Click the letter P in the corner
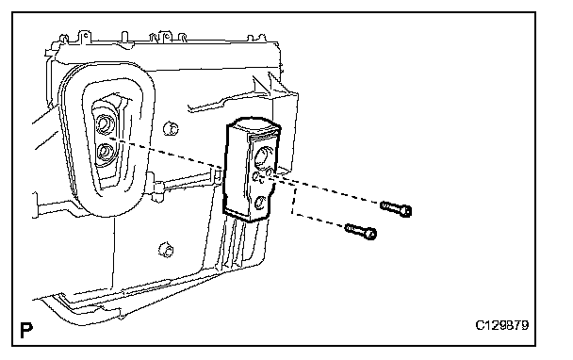click(x=26, y=330)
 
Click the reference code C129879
click(x=501, y=325)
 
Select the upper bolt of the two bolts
click(x=396, y=208)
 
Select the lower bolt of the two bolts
click(x=361, y=232)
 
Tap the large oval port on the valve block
click(x=264, y=155)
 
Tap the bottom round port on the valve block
click(x=260, y=203)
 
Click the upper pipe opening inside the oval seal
click(x=105, y=123)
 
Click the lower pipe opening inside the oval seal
click(x=105, y=153)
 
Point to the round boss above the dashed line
click(x=171, y=128)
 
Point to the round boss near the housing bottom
click(x=166, y=250)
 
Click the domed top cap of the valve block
click(x=254, y=124)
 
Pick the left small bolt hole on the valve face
click(x=256, y=177)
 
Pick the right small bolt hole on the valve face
click(x=269, y=171)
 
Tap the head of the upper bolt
click(x=405, y=211)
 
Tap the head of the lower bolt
click(x=370, y=234)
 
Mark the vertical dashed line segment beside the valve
click(x=292, y=201)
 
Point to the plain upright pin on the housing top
click(x=124, y=37)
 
